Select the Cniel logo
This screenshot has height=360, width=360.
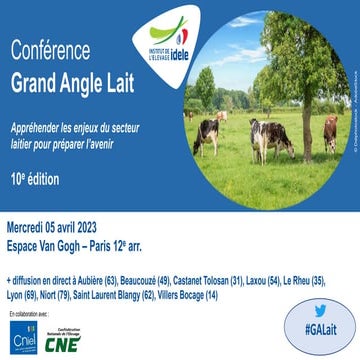[23, 336]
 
